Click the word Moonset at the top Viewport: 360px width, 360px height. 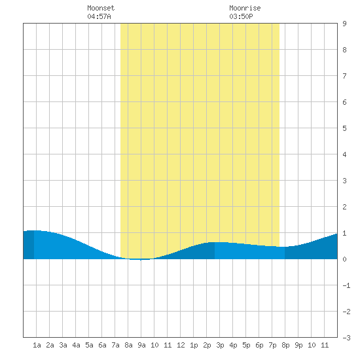[101, 8]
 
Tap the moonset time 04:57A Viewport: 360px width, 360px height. [99, 16]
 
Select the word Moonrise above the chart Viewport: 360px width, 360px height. [245, 8]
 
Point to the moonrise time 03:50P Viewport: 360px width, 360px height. [241, 16]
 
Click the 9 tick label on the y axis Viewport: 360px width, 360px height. [344, 24]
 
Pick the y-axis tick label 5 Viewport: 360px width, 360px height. [344, 128]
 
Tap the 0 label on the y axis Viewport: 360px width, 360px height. [344, 259]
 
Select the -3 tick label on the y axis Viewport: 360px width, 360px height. [346, 338]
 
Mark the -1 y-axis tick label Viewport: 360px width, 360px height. [346, 285]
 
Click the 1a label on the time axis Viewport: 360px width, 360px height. [37, 345]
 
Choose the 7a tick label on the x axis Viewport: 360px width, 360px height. [115, 345]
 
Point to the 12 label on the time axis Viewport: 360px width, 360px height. [181, 345]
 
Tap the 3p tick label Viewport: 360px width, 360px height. [220, 345]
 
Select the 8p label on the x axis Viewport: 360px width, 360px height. [285, 345]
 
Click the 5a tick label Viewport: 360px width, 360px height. [89, 345]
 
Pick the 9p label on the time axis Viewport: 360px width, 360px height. [298, 345]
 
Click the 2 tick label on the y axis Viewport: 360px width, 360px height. [344, 207]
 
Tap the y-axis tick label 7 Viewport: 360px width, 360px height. [344, 76]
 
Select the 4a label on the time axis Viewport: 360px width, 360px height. [76, 345]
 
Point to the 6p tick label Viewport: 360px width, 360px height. [259, 345]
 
